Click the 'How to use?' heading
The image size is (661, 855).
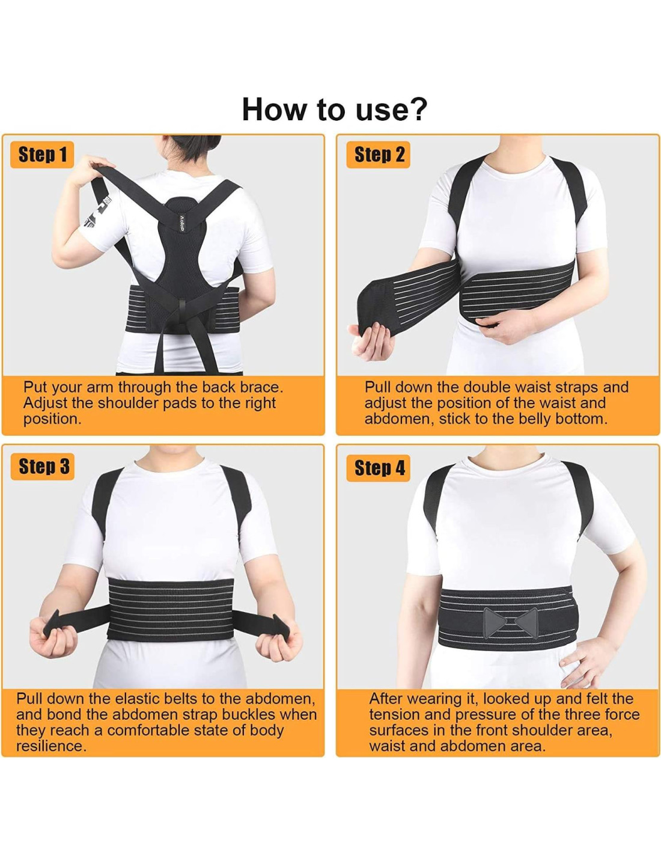334,109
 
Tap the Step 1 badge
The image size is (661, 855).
42,155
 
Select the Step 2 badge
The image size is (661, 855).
379,155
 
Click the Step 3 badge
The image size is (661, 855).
42,466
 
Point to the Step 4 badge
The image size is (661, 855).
379,468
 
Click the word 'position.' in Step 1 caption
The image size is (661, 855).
53,419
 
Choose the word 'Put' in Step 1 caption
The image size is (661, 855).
35,387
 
